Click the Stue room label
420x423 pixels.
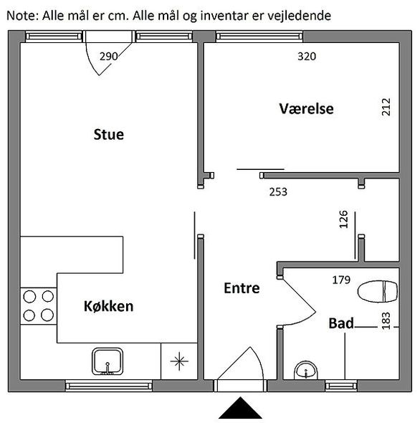[109, 134]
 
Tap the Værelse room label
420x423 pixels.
[306, 108]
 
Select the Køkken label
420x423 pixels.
[108, 306]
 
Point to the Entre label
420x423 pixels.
[242, 287]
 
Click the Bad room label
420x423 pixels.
[341, 323]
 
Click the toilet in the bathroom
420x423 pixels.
[378, 292]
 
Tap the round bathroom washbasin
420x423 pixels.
[306, 371]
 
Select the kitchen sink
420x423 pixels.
[108, 361]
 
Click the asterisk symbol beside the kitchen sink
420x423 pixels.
[179, 361]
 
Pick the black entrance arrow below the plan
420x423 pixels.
[240, 408]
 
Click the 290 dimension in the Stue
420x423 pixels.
[108, 57]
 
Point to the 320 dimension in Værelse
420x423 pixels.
[307, 57]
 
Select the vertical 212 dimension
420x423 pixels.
[386, 107]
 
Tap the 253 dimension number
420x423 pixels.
[278, 192]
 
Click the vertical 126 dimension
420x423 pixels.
[343, 219]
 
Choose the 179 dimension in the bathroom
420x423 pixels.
[341, 280]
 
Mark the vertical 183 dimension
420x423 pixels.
[386, 320]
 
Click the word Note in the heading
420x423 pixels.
[24, 16]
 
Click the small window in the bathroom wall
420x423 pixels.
[341, 386]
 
